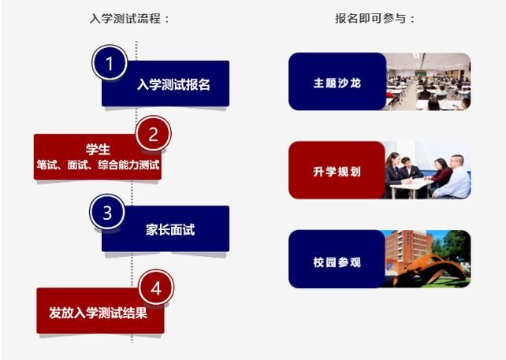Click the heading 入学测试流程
click(x=129, y=18)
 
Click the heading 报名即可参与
click(x=374, y=18)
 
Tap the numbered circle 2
click(x=153, y=134)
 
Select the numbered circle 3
click(x=107, y=212)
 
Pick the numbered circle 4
click(x=155, y=288)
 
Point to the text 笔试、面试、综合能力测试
click(x=98, y=165)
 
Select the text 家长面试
click(x=169, y=230)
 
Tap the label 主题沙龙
click(x=337, y=82)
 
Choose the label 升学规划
click(x=337, y=171)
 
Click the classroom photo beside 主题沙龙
click(x=428, y=82)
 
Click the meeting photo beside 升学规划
click(x=428, y=171)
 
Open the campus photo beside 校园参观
click(x=428, y=259)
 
